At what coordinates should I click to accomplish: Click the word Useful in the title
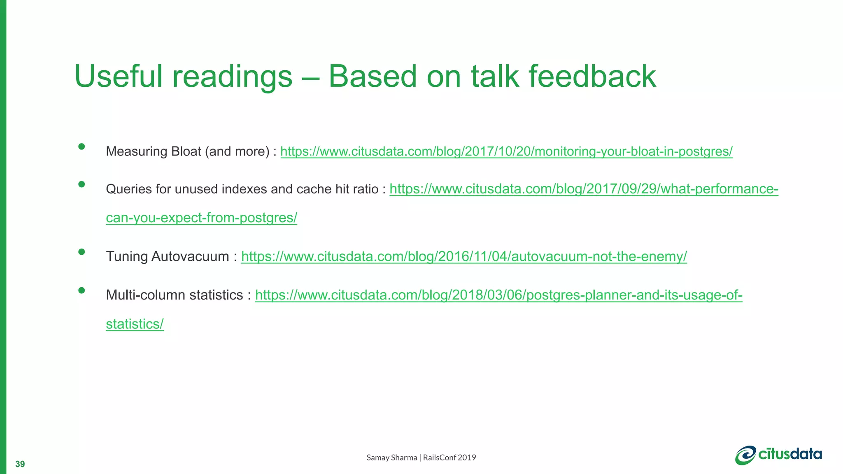(x=119, y=77)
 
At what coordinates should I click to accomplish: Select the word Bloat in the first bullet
(x=186, y=151)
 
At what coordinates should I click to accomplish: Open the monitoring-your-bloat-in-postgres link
(x=506, y=151)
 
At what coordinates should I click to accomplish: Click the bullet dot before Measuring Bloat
(x=82, y=146)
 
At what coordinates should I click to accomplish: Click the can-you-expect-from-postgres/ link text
(x=201, y=218)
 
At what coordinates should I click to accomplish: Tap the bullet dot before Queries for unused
(x=82, y=184)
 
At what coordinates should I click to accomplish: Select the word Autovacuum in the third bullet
(x=190, y=256)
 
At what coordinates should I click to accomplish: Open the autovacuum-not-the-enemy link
(x=464, y=256)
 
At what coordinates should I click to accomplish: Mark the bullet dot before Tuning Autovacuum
(x=82, y=252)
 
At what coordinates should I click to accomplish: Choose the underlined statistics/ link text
(x=135, y=324)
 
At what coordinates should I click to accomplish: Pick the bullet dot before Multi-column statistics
(x=82, y=290)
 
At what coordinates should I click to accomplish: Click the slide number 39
(x=20, y=464)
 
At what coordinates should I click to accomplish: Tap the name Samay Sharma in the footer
(x=391, y=458)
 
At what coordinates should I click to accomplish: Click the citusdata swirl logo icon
(x=745, y=455)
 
